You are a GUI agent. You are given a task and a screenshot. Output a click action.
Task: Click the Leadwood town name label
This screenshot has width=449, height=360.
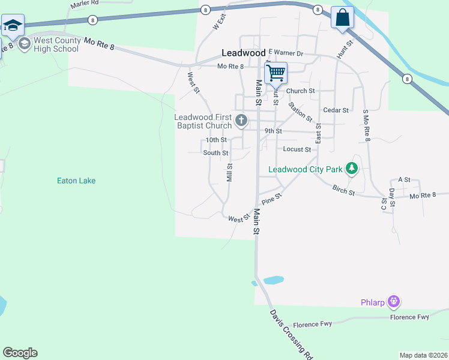(x=243, y=52)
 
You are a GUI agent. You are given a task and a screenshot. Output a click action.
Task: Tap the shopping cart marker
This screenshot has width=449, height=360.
(x=276, y=73)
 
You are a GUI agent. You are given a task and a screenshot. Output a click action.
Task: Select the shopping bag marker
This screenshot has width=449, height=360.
(x=342, y=17)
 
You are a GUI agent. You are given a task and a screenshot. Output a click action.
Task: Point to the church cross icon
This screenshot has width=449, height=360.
(x=241, y=121)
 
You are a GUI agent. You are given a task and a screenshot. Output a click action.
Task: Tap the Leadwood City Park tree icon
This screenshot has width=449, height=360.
(x=354, y=169)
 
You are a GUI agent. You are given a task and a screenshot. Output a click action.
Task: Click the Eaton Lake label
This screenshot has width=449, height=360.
(x=76, y=181)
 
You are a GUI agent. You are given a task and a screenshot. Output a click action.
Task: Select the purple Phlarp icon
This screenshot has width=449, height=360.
(x=394, y=301)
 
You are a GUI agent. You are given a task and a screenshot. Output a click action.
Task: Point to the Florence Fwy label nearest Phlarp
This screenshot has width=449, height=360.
(x=410, y=317)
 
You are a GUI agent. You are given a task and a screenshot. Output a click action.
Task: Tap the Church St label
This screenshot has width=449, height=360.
(x=300, y=91)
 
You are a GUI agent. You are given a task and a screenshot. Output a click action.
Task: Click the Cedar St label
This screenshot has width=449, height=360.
(x=336, y=110)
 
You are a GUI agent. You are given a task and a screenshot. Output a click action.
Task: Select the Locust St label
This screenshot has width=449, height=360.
(x=297, y=149)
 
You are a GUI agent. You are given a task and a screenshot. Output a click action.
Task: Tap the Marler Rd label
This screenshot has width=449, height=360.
(x=84, y=4)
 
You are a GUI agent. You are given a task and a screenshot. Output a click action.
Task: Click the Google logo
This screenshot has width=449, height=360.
(x=20, y=353)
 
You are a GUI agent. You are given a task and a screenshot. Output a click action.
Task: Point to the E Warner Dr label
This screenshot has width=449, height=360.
(x=286, y=53)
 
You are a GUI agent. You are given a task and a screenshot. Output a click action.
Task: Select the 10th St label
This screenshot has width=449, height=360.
(x=215, y=140)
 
